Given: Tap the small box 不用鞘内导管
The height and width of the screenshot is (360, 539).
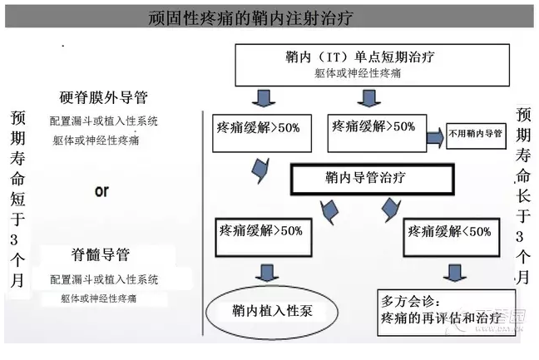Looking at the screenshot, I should (x=475, y=133).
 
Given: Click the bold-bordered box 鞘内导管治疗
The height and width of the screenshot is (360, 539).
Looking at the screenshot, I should (x=372, y=177).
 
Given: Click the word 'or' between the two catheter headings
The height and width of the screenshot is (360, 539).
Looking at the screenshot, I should (x=101, y=190).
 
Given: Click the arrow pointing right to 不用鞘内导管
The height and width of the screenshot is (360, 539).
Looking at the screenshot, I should (x=433, y=134).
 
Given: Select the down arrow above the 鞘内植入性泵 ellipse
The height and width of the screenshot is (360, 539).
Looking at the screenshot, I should (x=266, y=272).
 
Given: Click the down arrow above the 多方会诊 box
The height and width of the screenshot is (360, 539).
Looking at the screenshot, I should (x=453, y=271).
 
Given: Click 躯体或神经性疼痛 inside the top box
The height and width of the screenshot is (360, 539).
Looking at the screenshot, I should (x=360, y=74).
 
